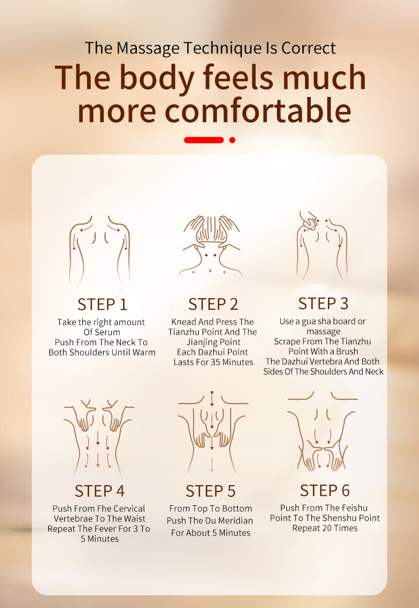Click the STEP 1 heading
pyautogui.click(x=102, y=305)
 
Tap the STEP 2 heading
pyautogui.click(x=213, y=305)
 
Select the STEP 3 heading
pyautogui.click(x=324, y=303)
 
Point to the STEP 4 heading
pyautogui.click(x=100, y=491)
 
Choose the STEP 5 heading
pyautogui.click(x=211, y=491)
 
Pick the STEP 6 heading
pyautogui.click(x=325, y=490)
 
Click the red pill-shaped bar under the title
pyautogui.click(x=204, y=140)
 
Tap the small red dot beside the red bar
pyautogui.click(x=232, y=140)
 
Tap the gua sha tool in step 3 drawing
pyautogui.click(x=309, y=222)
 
